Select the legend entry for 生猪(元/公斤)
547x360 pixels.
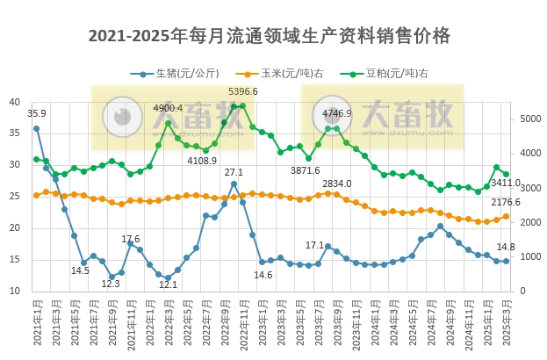click(180, 74)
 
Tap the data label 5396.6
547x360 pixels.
click(243, 91)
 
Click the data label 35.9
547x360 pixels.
click(37, 113)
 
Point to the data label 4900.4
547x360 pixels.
click(168, 108)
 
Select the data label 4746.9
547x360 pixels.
click(336, 113)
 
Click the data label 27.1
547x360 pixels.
click(234, 172)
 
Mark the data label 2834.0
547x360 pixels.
click(336, 184)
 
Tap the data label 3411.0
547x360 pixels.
click(506, 184)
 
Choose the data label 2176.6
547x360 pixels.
click(506, 202)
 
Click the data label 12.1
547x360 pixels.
click(169, 284)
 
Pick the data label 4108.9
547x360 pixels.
click(202, 161)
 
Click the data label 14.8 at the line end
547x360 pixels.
click(506, 247)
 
